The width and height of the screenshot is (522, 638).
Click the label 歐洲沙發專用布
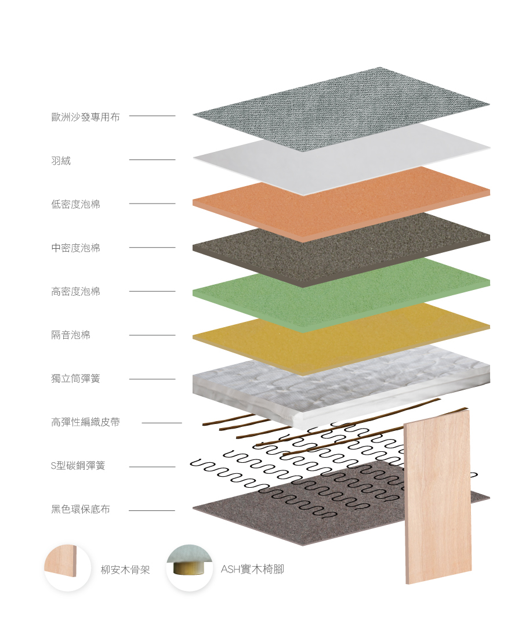(x=85, y=117)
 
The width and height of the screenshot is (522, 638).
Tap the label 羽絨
(x=61, y=161)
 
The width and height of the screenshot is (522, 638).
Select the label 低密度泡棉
(x=75, y=204)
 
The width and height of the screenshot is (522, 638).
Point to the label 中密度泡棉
(x=75, y=248)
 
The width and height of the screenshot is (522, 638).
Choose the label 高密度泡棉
(x=75, y=291)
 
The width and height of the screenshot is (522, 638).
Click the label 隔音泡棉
(x=71, y=335)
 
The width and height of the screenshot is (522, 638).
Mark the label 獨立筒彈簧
(x=75, y=379)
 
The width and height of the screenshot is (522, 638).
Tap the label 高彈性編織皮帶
(x=85, y=422)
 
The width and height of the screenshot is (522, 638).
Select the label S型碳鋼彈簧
(x=78, y=466)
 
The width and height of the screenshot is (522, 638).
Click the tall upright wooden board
(x=437, y=499)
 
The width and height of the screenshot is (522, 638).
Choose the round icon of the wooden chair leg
(x=190, y=568)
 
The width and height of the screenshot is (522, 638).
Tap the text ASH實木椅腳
(x=252, y=570)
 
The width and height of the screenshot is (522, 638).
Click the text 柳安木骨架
(x=125, y=570)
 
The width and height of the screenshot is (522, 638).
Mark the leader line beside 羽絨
(x=152, y=159)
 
